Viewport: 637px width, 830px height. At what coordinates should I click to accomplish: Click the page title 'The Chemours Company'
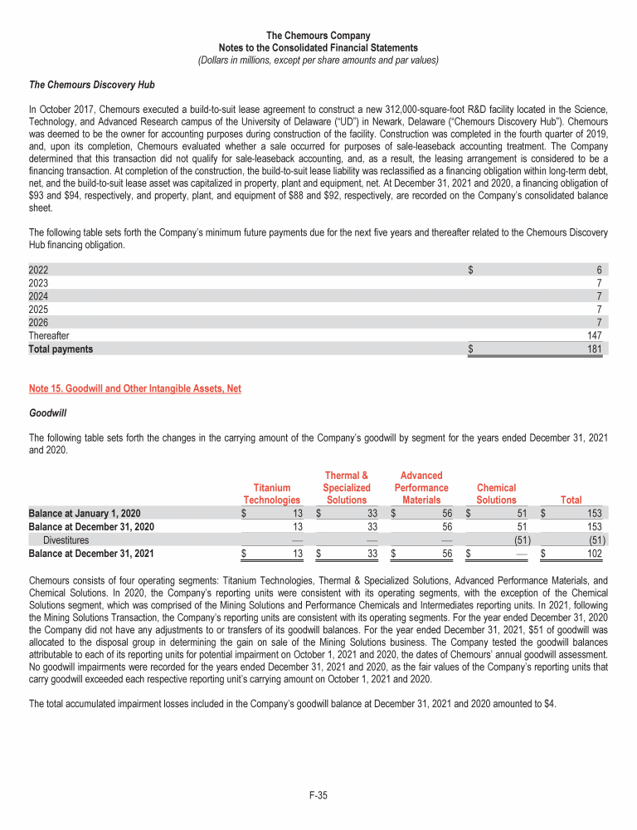[x=318, y=36]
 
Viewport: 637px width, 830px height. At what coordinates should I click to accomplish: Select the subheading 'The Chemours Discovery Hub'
[x=91, y=85]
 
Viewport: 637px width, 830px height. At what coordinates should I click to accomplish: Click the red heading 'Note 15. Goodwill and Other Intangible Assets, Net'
[x=134, y=388]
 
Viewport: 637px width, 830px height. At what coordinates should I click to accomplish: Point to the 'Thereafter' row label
[x=49, y=336]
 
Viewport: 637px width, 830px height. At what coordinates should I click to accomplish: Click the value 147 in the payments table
[x=594, y=336]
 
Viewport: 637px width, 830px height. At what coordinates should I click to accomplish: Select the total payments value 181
[x=594, y=349]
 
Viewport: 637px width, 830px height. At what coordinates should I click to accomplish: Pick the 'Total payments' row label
[x=61, y=349]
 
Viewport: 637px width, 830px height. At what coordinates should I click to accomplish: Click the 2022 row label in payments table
[x=39, y=270]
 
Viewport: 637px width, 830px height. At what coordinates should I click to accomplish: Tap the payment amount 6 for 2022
[x=598, y=270]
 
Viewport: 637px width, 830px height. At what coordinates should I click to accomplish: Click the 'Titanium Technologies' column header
[x=271, y=494]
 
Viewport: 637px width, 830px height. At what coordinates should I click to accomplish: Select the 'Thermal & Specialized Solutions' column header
[x=346, y=487]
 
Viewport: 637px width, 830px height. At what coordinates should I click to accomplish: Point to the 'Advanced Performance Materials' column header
[x=421, y=487]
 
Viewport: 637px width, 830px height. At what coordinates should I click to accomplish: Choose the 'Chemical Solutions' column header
[x=496, y=494]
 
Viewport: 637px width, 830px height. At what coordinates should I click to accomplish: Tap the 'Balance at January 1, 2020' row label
[x=84, y=513]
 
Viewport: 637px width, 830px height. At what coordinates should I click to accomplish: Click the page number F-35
[x=318, y=796]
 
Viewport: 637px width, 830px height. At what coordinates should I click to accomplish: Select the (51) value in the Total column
[x=591, y=539]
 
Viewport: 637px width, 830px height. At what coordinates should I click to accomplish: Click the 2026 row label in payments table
[x=39, y=323]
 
